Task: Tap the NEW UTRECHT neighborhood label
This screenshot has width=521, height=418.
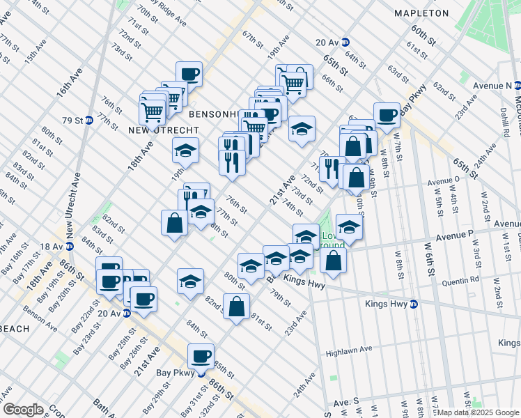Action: pos(164,130)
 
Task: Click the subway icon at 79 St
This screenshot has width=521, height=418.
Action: pos(89,119)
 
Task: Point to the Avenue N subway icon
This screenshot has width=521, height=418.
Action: pos(518,85)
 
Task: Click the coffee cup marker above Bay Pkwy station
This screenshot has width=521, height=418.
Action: pos(201,356)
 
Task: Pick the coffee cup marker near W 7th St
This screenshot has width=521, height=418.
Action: pos(387,115)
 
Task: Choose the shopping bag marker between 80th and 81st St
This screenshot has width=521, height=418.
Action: pos(237,306)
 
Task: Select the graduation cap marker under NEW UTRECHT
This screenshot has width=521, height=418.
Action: pos(185,150)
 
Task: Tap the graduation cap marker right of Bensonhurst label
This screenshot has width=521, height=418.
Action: pos(302,129)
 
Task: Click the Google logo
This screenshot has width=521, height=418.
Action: pos(23,409)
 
